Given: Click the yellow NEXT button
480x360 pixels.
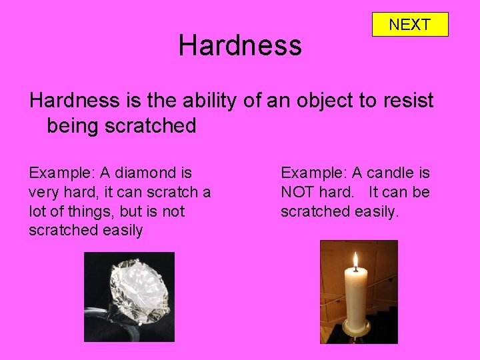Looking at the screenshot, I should pos(409,25).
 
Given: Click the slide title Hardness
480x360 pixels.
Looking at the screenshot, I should pos(240,46).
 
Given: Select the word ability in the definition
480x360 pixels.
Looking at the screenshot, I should pos(211,101).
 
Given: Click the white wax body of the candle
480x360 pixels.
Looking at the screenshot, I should pos(355,297).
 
